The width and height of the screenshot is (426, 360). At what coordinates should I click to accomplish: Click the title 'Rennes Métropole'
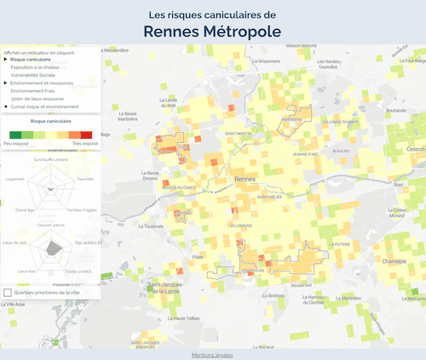coord(212,31)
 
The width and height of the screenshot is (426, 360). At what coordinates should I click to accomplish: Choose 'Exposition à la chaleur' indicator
coord(35,67)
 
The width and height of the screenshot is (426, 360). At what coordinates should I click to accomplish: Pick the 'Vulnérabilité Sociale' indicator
coord(34,75)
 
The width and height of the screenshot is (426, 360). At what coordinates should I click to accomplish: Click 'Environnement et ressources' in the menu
coord(42,83)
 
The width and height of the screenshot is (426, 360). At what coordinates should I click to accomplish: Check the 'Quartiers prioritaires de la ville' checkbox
coord(9,292)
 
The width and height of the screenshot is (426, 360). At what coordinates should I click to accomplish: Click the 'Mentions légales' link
coord(212,354)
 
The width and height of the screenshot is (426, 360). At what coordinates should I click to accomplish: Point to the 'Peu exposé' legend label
coord(15,143)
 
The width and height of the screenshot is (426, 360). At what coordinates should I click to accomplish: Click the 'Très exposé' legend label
coord(84,143)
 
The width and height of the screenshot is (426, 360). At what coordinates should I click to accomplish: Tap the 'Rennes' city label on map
coord(245,180)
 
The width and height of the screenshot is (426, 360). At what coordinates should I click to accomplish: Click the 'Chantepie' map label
coord(394,261)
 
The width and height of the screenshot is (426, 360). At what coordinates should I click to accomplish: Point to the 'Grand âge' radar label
coord(25,209)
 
